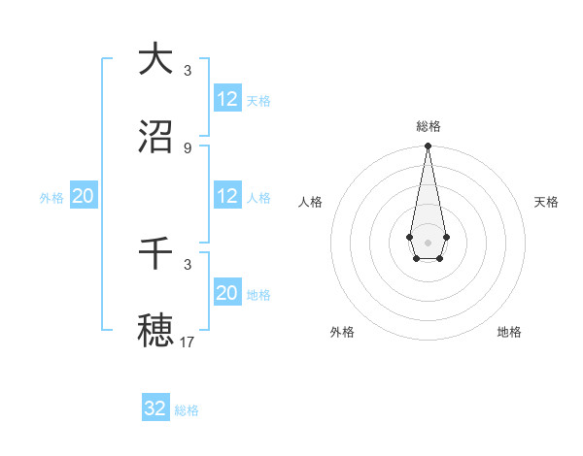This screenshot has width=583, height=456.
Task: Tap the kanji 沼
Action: pos(155,137)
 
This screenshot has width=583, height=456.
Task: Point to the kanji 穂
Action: pos(155,329)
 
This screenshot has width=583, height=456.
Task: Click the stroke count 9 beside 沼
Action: pos(188,147)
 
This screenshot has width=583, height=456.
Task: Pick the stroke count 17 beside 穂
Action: pos(188,341)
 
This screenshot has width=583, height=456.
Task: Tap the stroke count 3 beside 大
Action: pos(188,70)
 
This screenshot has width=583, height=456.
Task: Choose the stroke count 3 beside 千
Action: pos(188,263)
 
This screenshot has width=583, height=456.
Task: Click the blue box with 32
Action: pos(155,408)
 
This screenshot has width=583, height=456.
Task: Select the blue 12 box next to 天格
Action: pos(227,98)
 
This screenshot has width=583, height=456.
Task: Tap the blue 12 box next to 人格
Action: pos(227,196)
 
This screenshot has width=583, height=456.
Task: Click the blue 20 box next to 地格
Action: pos(227,293)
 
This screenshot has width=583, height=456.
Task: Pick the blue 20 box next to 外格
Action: pos(83,196)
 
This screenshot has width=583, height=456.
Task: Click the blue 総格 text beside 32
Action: pos(187,410)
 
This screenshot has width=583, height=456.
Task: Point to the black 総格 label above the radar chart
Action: pos(428,126)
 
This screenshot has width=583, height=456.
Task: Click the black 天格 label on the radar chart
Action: pos(546,202)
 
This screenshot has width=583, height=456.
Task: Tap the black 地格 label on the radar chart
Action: pos(509,332)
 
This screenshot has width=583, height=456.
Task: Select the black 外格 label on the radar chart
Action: pos(342,332)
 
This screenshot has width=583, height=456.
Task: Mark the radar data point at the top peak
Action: pos(428,147)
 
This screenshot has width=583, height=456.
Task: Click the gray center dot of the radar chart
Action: pos(428,241)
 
